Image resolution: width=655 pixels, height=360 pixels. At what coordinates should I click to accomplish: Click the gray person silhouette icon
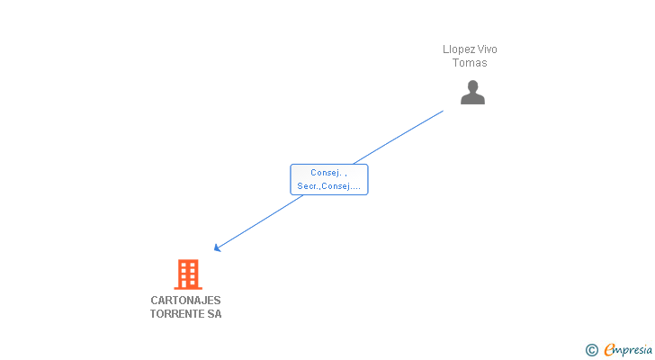(x=472, y=93)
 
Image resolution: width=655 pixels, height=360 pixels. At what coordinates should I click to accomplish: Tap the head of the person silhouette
(x=472, y=86)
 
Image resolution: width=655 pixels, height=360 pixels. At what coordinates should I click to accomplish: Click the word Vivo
(x=487, y=49)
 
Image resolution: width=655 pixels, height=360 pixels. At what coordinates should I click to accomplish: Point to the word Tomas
(x=470, y=63)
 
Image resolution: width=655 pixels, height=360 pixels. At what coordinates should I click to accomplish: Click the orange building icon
(x=187, y=274)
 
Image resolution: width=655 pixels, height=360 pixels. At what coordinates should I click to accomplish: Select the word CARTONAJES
(x=185, y=301)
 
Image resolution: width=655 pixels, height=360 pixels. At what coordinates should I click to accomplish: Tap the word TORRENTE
(x=177, y=314)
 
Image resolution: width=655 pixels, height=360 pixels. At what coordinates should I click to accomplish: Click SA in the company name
(x=214, y=314)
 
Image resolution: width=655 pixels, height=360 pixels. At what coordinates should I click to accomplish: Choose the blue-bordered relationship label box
(x=328, y=179)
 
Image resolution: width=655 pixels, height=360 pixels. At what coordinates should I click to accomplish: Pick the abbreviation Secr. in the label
(x=308, y=187)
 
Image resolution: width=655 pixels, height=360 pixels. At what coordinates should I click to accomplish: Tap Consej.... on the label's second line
(x=342, y=187)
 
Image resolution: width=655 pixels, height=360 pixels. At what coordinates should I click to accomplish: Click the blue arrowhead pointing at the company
(x=217, y=248)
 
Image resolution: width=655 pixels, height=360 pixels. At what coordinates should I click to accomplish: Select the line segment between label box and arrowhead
(x=261, y=221)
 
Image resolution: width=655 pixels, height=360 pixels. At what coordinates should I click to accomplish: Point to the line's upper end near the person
(x=442, y=112)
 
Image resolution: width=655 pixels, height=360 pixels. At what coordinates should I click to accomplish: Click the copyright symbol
(x=592, y=350)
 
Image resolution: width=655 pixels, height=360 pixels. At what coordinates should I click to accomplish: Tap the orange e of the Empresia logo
(x=609, y=350)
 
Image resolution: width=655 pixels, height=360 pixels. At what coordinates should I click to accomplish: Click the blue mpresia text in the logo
(x=634, y=350)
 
